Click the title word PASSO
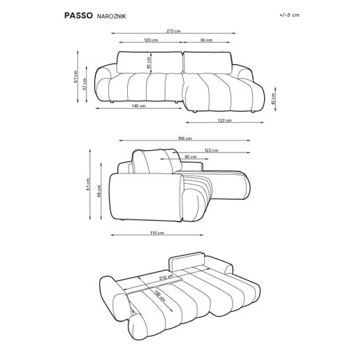[x=78, y=15]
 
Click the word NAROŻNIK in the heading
[x=111, y=16]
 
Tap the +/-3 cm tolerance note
[x=289, y=15]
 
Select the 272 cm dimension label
[x=173, y=31]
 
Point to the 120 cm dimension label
[x=151, y=40]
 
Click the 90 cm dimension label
[x=206, y=40]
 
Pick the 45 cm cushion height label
[x=149, y=63]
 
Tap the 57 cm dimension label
[x=85, y=84]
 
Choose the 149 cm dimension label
[x=138, y=106]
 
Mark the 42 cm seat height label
[x=273, y=99]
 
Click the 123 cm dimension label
[x=224, y=120]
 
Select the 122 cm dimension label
[x=211, y=150]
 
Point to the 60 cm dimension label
[x=190, y=157]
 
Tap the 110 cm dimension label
[x=157, y=233]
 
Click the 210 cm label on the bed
[x=166, y=278]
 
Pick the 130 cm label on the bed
[x=159, y=296]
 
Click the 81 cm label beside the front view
[x=75, y=77]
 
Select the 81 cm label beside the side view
[x=88, y=185]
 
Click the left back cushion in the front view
[x=150, y=62]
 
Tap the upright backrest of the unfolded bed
[x=187, y=261]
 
